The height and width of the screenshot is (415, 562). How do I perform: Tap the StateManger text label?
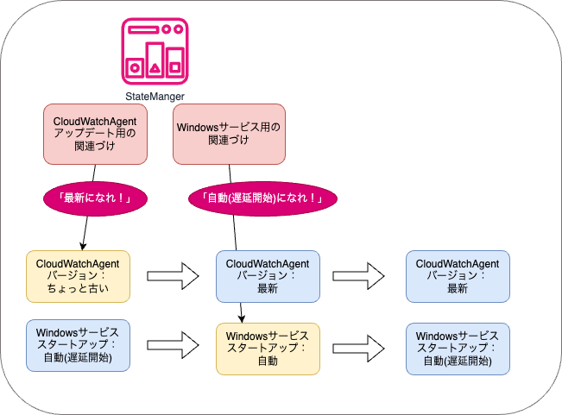pyautogui.click(x=155, y=96)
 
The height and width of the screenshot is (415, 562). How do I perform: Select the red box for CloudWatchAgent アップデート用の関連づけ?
pyautogui.click(x=95, y=133)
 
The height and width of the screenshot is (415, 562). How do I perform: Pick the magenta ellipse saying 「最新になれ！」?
pyautogui.click(x=95, y=198)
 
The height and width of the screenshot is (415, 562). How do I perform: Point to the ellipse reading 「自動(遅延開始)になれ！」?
pyautogui.click(x=262, y=198)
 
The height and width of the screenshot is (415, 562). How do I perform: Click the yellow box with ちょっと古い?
pyautogui.click(x=78, y=276)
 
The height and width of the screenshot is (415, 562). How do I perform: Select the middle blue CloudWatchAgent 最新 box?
pyautogui.click(x=267, y=276)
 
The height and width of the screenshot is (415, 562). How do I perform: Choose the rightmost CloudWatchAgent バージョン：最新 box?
pyautogui.click(x=458, y=276)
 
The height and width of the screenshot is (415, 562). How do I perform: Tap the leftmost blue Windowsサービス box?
pyautogui.click(x=78, y=345)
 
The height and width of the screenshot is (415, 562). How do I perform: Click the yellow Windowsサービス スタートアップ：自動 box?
pyautogui.click(x=267, y=349)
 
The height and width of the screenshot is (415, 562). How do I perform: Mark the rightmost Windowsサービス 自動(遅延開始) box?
pyautogui.click(x=458, y=349)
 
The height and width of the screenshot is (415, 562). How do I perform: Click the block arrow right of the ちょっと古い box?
pyautogui.click(x=173, y=276)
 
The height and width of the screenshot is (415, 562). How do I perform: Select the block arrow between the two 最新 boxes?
pyautogui.click(x=363, y=276)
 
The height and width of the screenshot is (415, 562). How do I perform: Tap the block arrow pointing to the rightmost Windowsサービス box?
pyautogui.click(x=363, y=348)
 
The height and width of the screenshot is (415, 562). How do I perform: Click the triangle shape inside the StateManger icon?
pyautogui.click(x=155, y=65)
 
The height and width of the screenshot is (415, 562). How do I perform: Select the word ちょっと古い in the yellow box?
pyautogui.click(x=78, y=289)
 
